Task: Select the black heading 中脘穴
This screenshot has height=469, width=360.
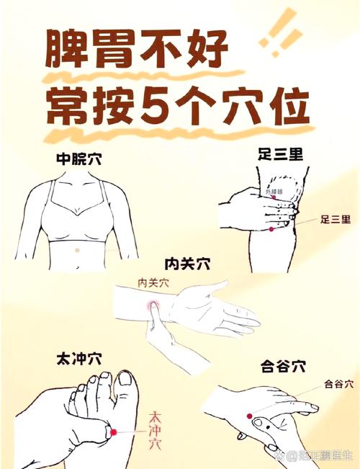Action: (x=78, y=160)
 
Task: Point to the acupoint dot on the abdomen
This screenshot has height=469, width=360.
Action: (x=77, y=249)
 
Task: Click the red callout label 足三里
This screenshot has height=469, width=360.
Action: (x=336, y=219)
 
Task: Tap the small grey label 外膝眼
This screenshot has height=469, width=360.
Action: (x=274, y=192)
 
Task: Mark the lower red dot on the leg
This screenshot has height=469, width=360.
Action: (x=271, y=228)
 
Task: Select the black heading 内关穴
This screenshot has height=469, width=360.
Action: (x=186, y=264)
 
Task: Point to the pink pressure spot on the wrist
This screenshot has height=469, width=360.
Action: (x=153, y=308)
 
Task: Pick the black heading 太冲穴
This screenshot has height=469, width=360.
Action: (x=77, y=358)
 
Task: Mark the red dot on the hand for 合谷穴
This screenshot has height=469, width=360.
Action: (x=249, y=416)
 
